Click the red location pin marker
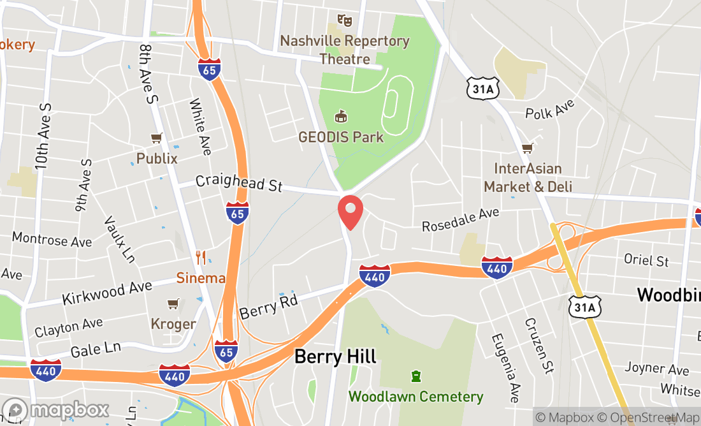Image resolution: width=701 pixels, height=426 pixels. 350,212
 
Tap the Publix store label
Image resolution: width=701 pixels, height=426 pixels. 157,158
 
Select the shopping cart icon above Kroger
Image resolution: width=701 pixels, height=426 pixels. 173,304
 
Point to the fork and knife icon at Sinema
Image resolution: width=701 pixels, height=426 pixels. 201,258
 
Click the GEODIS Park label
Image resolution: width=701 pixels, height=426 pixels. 341,137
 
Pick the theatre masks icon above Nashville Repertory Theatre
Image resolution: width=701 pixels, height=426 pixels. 345,20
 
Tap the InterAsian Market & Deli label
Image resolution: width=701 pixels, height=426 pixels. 528,177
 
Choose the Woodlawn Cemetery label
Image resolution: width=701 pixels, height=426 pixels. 416,397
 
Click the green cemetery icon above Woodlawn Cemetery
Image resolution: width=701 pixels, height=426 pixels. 416,377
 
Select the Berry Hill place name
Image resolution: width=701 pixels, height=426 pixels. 335,356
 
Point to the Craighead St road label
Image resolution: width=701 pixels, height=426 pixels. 239,183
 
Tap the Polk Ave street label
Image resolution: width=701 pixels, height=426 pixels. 549,109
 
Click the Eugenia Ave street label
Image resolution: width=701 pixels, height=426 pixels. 503,366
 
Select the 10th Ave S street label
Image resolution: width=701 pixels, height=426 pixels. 43,136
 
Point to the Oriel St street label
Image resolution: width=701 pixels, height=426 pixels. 646,261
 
